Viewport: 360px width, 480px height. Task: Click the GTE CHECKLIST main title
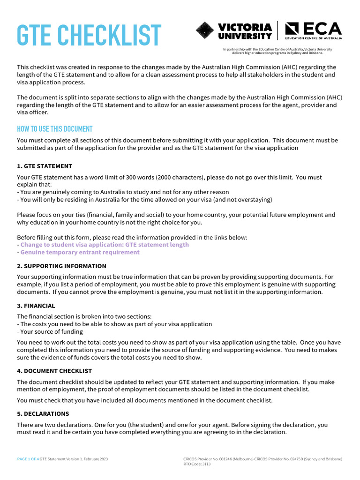(x=89, y=35)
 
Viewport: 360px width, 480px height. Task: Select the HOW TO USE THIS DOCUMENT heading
(x=54, y=129)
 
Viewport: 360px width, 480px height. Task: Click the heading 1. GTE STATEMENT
(x=45, y=166)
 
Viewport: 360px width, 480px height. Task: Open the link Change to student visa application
(x=105, y=245)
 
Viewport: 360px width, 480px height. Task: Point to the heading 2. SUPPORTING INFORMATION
(x=61, y=266)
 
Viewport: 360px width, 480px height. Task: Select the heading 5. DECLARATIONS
(x=43, y=414)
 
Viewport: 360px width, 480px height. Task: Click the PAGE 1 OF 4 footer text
(x=28, y=459)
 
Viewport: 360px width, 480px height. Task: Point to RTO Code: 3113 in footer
(x=197, y=464)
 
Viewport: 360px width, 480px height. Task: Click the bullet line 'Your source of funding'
(x=51, y=331)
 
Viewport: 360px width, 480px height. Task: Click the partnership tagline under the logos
(x=277, y=51)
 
